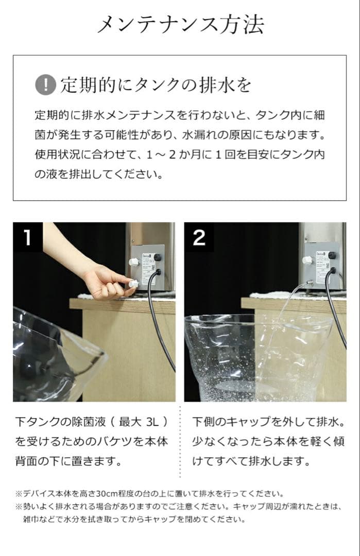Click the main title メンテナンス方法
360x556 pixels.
click(x=180, y=24)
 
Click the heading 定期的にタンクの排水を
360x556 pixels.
click(x=156, y=84)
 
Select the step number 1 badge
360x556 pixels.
click(x=27, y=237)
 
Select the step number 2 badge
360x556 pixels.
click(x=199, y=237)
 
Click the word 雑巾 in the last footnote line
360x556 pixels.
click(x=31, y=519)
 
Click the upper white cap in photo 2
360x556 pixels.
click(x=307, y=260)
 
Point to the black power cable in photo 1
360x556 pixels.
click(x=155, y=319)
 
